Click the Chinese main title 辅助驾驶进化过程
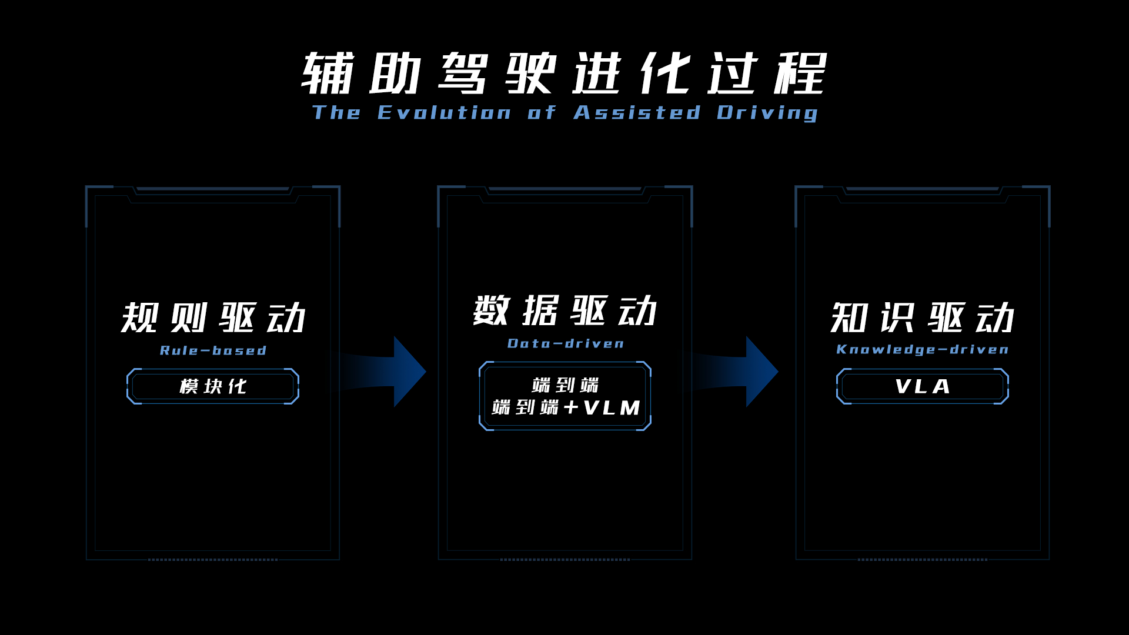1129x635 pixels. (564, 73)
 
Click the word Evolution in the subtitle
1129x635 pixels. (444, 112)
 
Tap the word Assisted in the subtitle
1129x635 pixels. (637, 112)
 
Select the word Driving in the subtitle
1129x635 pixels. (767, 113)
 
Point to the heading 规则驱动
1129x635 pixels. (213, 318)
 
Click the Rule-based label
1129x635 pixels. (213, 350)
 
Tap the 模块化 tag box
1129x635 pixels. (213, 386)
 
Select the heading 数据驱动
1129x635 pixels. (564, 311)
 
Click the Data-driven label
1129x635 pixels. (565, 343)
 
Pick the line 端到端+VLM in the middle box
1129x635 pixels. (565, 407)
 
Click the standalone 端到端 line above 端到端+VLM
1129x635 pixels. (565, 385)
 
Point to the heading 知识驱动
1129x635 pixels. (922, 318)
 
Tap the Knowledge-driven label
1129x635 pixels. (922, 349)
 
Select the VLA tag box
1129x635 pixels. (922, 386)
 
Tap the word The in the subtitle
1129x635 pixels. (336, 112)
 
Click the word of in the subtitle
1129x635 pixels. (541, 112)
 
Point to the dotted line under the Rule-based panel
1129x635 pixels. (213, 560)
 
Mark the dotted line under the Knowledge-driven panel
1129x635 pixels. (922, 560)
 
